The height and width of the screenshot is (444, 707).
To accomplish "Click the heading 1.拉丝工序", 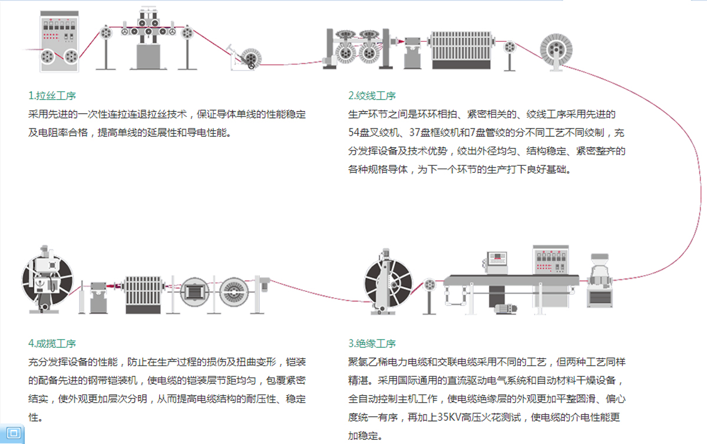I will tap(52, 96).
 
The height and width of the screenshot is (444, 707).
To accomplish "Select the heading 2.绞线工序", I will tap(372, 96).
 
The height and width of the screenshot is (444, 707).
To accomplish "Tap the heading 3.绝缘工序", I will tap(372, 343).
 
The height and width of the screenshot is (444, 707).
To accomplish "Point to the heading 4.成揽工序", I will tap(52, 343).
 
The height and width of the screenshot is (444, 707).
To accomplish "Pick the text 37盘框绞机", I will tap(437, 133).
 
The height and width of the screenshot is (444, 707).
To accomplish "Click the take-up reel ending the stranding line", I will tap(557, 50).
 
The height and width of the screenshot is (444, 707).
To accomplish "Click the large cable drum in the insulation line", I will tap(388, 282).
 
